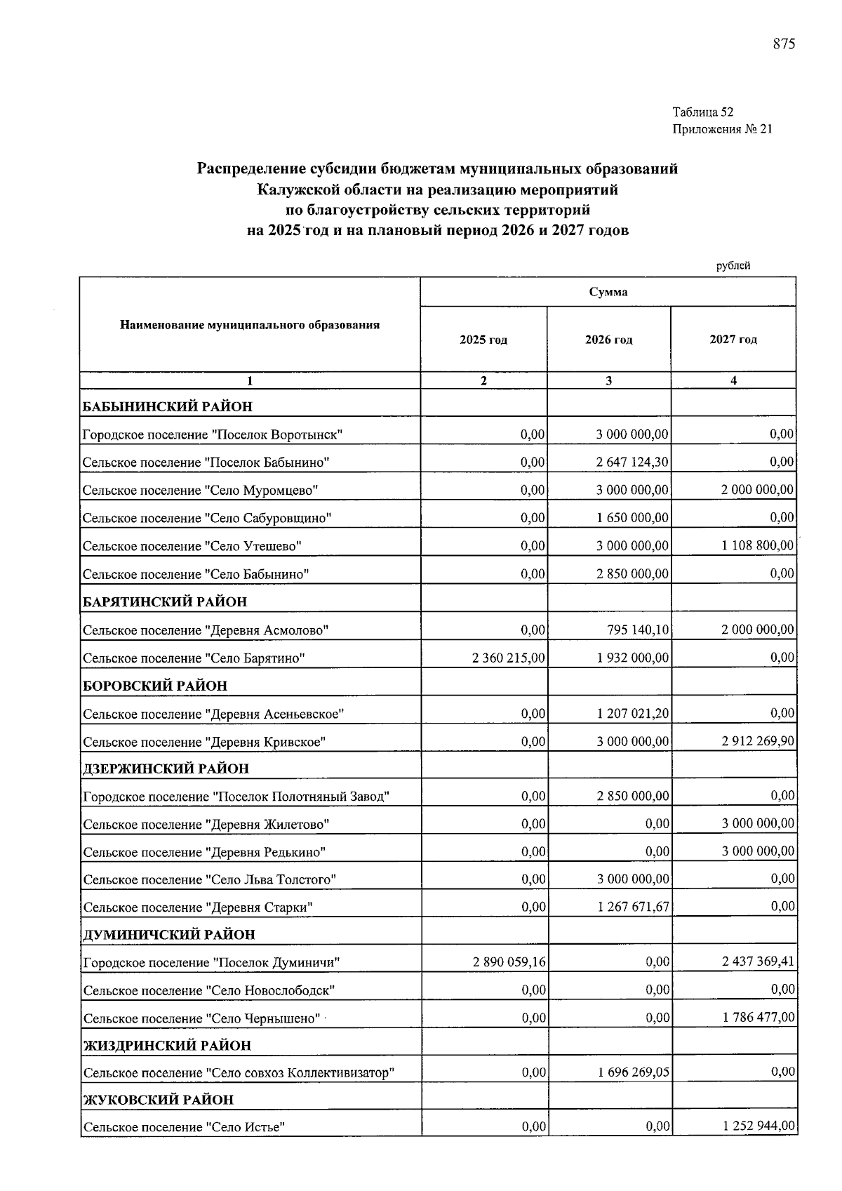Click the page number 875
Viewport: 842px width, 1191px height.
click(x=784, y=44)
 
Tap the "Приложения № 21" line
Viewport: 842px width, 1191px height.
click(x=722, y=129)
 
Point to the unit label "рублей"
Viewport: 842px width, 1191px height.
click(x=733, y=266)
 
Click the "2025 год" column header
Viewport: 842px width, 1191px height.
click(x=483, y=340)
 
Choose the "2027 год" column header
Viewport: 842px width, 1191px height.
click(x=733, y=340)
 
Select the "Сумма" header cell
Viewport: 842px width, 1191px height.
click(x=608, y=292)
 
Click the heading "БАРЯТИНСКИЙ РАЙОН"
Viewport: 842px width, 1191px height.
click(x=165, y=602)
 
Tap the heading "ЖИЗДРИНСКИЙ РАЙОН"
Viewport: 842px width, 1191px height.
click(x=167, y=1046)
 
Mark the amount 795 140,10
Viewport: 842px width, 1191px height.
click(x=638, y=630)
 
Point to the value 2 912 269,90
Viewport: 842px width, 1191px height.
click(x=758, y=741)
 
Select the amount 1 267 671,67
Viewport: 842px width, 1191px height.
click(x=633, y=907)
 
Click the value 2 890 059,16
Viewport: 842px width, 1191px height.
click(x=509, y=962)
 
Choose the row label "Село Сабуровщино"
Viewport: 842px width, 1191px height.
click(x=207, y=519)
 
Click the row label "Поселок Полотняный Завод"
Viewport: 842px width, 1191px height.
click(x=236, y=797)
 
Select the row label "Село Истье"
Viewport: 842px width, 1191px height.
click(x=184, y=1128)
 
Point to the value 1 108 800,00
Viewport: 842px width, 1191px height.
click(x=758, y=545)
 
